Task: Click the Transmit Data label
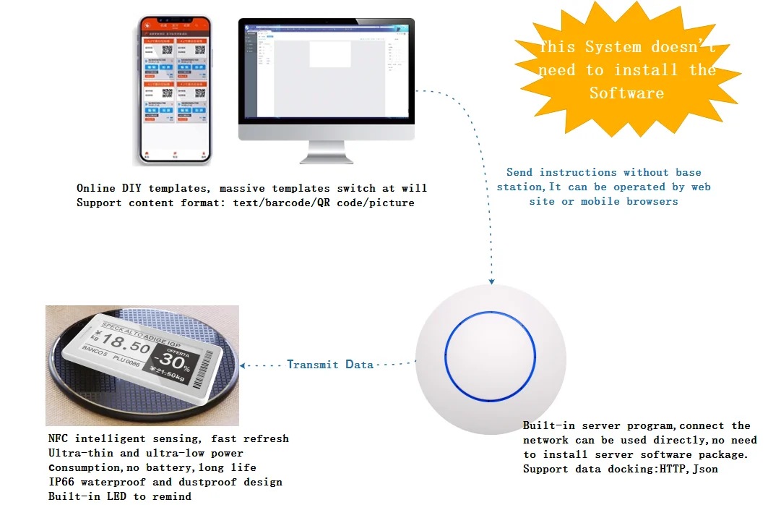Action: [330, 365]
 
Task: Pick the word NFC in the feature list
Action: [59, 438]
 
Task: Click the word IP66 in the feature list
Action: [61, 482]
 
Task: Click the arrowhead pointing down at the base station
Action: [492, 281]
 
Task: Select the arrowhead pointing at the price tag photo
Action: [244, 365]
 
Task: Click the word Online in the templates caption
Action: [95, 188]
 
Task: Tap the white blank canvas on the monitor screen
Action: [330, 55]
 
